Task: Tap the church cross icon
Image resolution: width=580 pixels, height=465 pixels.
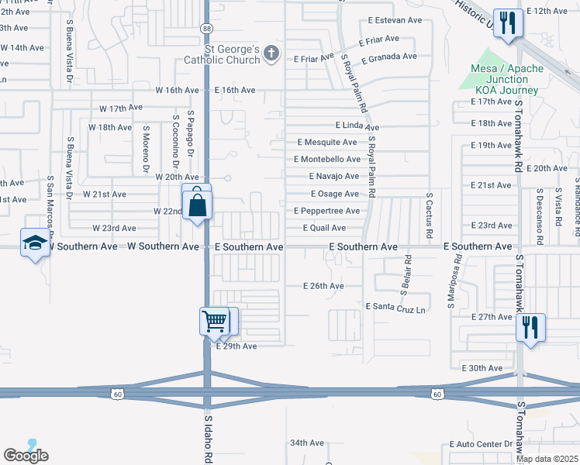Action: (x=271, y=53)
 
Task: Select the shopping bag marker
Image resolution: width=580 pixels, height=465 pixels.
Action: (x=197, y=205)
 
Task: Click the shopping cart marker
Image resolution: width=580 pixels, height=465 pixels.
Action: (x=214, y=320)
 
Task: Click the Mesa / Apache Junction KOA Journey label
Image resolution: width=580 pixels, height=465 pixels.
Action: (x=507, y=79)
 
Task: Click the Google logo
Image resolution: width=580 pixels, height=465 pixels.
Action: (x=26, y=456)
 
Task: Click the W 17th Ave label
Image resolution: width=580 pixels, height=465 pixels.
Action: (x=122, y=108)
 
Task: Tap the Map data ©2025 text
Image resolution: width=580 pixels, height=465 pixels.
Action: (x=547, y=459)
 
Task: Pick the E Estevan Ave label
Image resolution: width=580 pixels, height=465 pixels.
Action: (x=395, y=20)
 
